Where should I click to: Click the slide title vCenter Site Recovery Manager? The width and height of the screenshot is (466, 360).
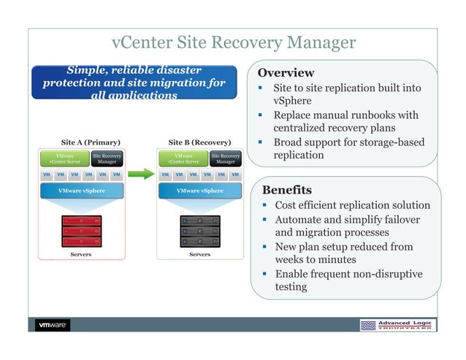coord(233,43)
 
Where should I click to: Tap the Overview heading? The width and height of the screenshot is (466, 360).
coord(286,73)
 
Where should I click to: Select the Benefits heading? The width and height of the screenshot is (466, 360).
coord(286,190)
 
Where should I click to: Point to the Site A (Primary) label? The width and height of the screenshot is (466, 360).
coord(91,142)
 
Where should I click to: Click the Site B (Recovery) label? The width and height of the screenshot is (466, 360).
coord(199,142)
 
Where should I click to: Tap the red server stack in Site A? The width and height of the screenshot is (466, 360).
coord(81,230)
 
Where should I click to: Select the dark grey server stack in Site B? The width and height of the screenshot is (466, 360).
coord(199,230)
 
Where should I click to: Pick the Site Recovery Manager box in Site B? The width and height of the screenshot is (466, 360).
coord(225,158)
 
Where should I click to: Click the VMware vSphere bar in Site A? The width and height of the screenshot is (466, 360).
coord(81,191)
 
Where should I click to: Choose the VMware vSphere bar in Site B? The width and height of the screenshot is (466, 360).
coord(199,191)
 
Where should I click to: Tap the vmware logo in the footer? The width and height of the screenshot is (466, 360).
coord(53,325)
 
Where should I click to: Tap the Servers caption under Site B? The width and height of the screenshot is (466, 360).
coord(199,255)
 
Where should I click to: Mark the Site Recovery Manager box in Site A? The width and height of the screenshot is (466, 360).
coord(107,158)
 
